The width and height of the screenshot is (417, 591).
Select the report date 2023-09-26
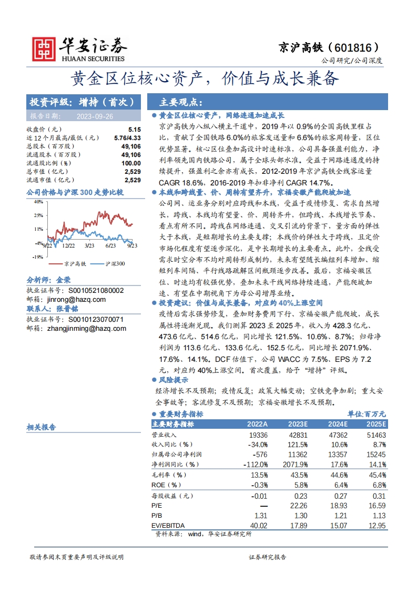(x=95, y=116)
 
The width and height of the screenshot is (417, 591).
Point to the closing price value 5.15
(x=135, y=129)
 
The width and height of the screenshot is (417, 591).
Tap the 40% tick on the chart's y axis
(x=38, y=201)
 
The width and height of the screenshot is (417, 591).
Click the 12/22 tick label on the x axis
(x=68, y=245)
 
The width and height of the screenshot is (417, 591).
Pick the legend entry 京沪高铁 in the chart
(x=73, y=263)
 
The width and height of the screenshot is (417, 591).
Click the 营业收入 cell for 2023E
(x=297, y=435)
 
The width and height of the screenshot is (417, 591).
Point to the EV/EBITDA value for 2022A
(x=257, y=525)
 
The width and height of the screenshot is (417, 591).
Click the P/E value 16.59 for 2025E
(x=376, y=505)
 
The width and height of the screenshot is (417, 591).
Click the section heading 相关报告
(x=41, y=427)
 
